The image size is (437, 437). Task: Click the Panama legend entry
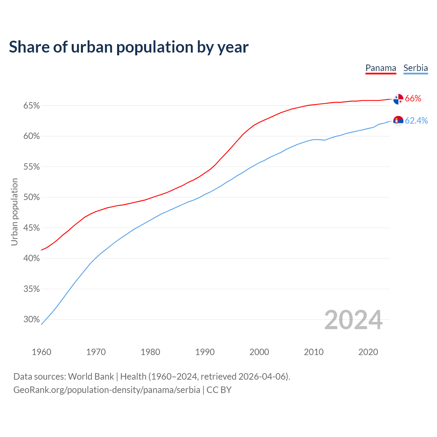381,68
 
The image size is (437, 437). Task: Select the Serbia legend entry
415,68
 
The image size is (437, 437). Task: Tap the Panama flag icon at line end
398,99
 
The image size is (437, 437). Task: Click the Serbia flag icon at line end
398,121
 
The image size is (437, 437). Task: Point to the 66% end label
413,99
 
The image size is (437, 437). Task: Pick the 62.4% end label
416,121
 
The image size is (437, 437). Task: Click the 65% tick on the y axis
32,106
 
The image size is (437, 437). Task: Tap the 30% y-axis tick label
32,320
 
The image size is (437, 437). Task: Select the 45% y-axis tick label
32,228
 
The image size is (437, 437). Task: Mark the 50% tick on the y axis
32,197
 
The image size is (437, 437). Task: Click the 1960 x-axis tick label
41,352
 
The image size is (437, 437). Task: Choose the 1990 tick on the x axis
205,352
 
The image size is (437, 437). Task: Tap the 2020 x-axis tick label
368,352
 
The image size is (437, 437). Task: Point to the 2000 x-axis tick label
259,352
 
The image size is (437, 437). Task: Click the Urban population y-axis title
14,212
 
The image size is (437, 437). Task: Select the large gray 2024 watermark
353,320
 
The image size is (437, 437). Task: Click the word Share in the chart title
29,47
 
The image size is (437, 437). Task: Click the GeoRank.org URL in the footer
107,390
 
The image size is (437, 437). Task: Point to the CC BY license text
219,390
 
